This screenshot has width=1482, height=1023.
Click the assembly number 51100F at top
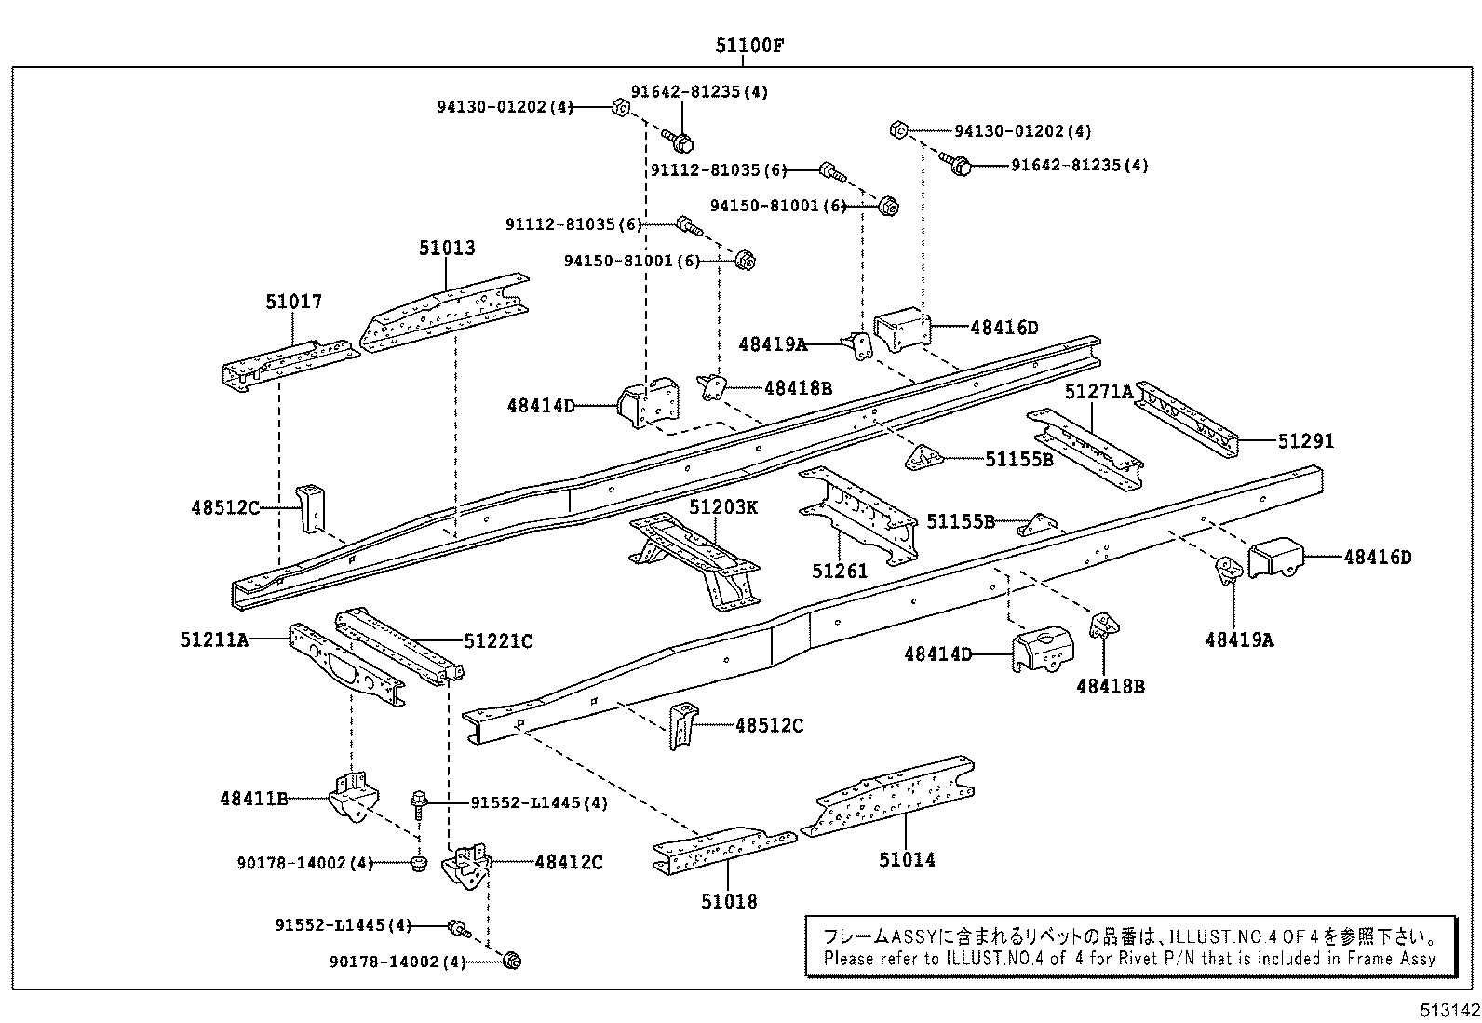coord(743,46)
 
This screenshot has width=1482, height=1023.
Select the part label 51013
coord(447,248)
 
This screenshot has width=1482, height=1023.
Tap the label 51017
coord(293,302)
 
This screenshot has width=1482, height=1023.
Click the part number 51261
coord(840,571)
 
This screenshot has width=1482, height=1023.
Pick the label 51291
coord(1305,441)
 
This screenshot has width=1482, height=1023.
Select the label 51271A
coord(1098,392)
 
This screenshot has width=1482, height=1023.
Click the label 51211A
coord(214,639)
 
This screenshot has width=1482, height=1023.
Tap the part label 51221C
coord(498,641)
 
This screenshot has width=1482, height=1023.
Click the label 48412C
coord(568,863)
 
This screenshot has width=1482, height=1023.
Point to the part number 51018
coord(729,901)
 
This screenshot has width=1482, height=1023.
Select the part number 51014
coord(907,859)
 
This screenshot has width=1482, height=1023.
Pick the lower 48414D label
coord(937,654)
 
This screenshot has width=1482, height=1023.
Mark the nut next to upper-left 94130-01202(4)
coord(619,107)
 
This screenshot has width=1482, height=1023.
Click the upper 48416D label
coord(1004,328)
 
